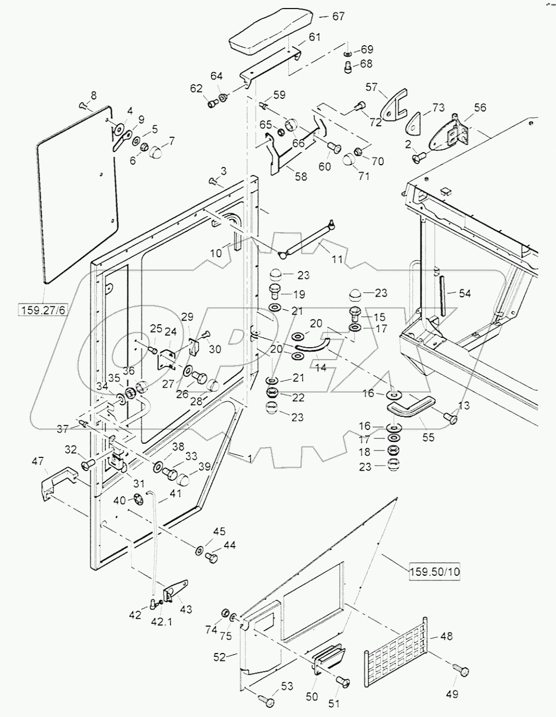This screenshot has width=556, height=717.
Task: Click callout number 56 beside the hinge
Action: click(480, 108)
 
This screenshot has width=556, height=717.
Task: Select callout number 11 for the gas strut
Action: click(337, 259)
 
